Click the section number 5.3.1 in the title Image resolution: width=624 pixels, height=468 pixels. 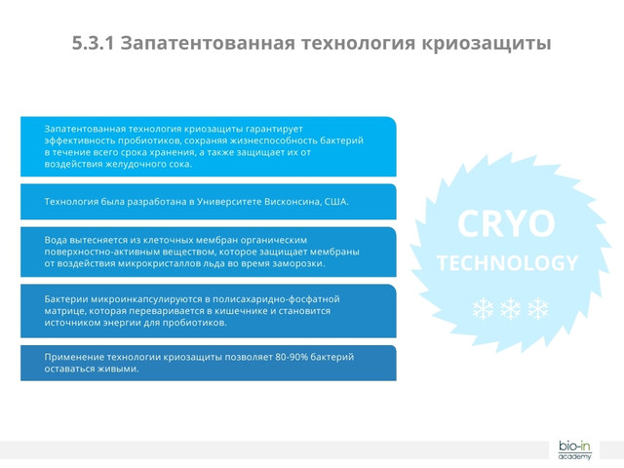point(94,44)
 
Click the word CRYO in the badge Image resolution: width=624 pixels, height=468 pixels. point(506,224)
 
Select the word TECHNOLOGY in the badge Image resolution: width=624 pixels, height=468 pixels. point(507,263)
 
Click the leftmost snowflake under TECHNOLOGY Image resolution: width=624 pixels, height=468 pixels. point(484,309)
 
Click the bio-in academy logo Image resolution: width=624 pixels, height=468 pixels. point(574,449)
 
